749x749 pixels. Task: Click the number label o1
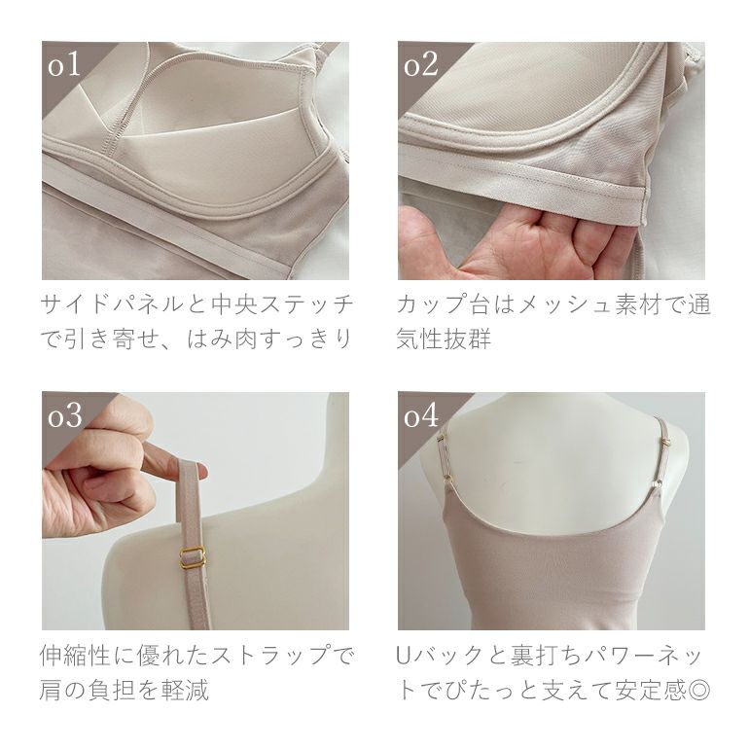(x=63, y=64)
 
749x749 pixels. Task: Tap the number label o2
(x=421, y=64)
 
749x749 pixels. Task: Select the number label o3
(x=65, y=415)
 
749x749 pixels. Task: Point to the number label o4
(x=421, y=415)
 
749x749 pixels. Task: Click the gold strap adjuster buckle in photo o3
(x=193, y=557)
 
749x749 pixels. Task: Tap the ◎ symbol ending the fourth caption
(x=698, y=690)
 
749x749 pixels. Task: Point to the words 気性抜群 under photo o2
(x=444, y=339)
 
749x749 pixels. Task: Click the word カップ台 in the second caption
(x=443, y=304)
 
